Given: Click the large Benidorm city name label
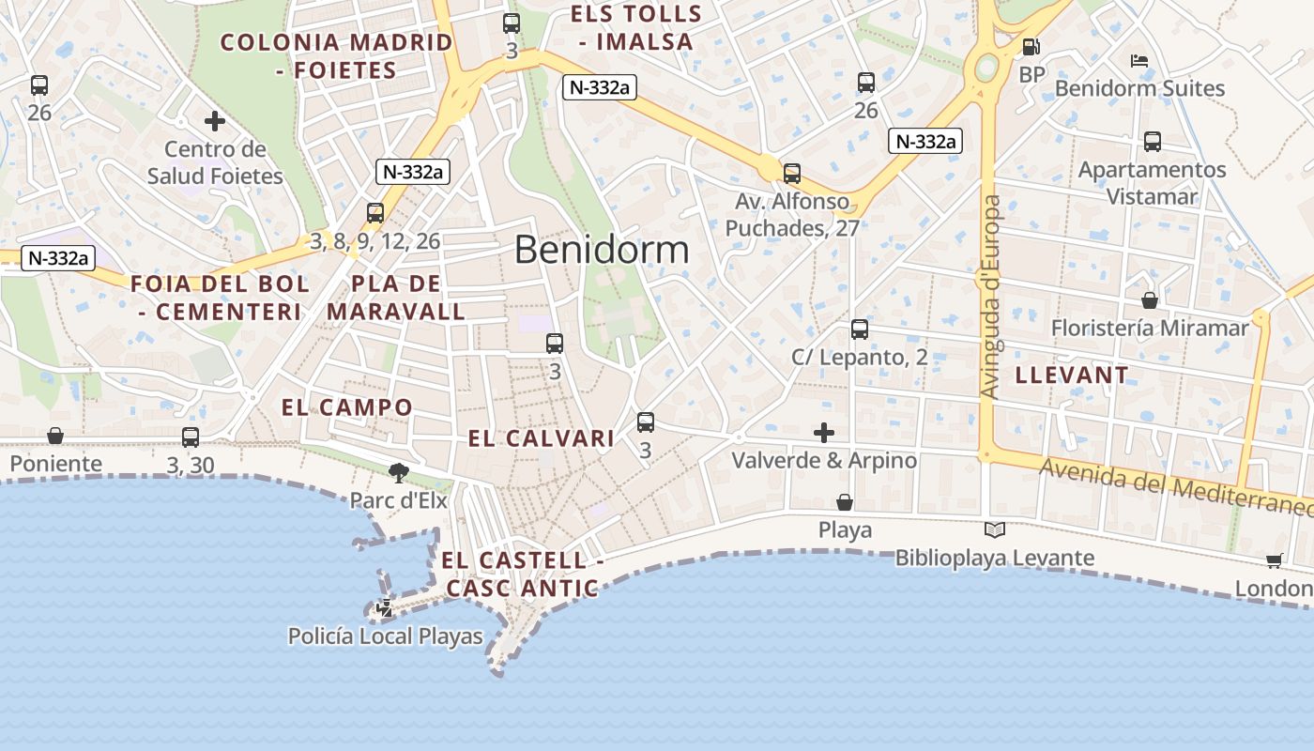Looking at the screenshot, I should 602,250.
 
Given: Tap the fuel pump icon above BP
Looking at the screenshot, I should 1031,46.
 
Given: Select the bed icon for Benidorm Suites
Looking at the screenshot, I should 1139,61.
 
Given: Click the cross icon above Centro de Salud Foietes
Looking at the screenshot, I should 215,121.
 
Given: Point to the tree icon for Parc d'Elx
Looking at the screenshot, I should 399,473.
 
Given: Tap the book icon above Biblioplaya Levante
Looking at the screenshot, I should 995,530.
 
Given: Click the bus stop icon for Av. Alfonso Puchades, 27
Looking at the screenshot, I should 792,174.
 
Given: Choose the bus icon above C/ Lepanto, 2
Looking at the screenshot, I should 860,330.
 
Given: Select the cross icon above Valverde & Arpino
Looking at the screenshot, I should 824,433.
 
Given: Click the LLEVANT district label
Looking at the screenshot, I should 1072,375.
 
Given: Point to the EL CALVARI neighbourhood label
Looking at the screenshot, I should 541,438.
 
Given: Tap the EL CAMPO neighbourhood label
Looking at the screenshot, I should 347,407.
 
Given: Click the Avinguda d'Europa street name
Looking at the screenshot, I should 990,296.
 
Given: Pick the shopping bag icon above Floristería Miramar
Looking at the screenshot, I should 1150,300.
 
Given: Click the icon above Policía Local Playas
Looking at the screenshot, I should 385,608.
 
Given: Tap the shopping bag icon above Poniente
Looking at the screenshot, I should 55,437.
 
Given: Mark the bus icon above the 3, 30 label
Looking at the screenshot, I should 191,437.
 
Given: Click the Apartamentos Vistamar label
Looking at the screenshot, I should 1152,183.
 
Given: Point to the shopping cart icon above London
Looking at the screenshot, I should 1274,561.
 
